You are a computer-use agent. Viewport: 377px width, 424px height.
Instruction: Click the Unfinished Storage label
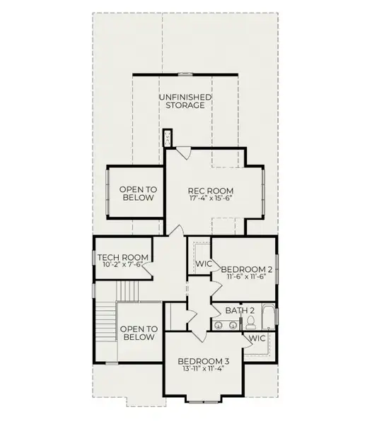point(185,101)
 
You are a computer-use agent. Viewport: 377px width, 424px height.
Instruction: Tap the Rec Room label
point(211,191)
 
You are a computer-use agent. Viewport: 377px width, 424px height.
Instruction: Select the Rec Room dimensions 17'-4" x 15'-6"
point(211,198)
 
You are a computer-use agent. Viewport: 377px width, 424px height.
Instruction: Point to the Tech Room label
point(123,257)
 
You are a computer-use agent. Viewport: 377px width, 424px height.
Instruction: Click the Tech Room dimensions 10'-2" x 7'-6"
point(123,264)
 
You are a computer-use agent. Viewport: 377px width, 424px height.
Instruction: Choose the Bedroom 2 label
point(247,270)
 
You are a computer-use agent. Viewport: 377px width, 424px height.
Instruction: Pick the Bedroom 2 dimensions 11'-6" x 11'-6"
point(247,276)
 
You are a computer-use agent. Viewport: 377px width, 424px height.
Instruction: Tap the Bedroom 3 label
point(204,361)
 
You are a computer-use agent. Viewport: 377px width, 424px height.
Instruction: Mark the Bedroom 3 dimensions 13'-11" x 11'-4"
point(204,368)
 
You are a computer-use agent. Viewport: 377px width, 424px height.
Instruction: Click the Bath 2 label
point(240,310)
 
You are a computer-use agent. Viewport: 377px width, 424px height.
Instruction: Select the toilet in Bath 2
point(251,322)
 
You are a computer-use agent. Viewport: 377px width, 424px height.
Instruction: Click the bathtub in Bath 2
point(268,317)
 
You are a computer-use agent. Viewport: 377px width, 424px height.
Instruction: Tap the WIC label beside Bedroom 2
point(204,264)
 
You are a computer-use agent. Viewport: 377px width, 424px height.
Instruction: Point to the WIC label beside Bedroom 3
point(257,338)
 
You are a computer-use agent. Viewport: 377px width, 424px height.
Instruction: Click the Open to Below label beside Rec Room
point(138,194)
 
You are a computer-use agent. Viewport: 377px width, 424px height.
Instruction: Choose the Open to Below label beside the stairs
point(139,333)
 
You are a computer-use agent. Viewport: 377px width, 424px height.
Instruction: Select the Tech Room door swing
point(148,269)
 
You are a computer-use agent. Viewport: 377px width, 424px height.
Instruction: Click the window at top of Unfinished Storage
point(185,74)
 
